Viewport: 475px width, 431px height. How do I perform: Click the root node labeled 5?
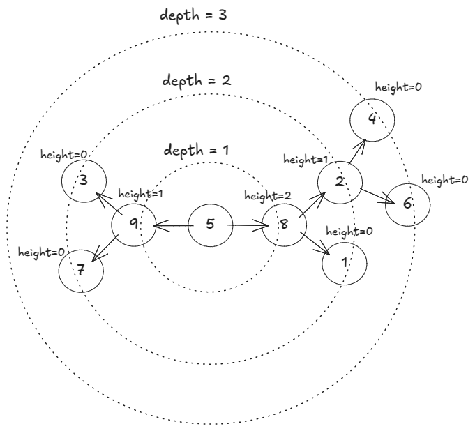point(211,225)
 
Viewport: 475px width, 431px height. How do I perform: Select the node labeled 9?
point(133,224)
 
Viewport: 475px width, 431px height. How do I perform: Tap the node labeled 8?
point(284,225)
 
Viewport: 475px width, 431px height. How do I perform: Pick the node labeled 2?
point(339,183)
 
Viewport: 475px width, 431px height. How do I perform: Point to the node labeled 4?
point(372,119)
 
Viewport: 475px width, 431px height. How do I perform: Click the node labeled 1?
point(345,264)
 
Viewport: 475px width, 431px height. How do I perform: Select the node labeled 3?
point(83,181)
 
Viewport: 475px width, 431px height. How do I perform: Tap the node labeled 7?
point(81,269)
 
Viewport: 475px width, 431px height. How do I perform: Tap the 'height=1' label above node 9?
point(141,193)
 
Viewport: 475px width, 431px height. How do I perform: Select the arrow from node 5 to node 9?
point(172,225)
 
